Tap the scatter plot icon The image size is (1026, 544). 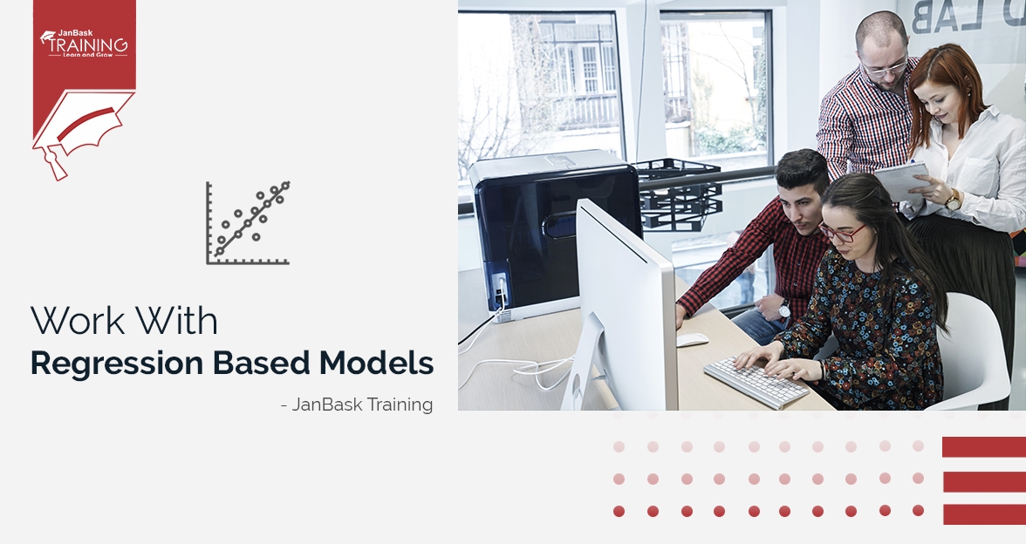pyautogui.click(x=248, y=223)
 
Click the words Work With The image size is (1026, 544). pyautogui.click(x=124, y=322)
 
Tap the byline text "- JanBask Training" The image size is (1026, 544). pyautogui.click(x=357, y=405)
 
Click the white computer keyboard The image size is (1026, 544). pyautogui.click(x=756, y=381)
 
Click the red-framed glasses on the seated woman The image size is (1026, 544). pyautogui.click(x=839, y=233)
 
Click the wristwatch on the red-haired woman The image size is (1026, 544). pyautogui.click(x=953, y=201)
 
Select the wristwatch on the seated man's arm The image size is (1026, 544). pyautogui.click(x=783, y=309)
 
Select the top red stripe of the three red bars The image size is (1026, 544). pyautogui.click(x=983, y=447)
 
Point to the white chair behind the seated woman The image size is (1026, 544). pyautogui.click(x=975, y=349)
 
